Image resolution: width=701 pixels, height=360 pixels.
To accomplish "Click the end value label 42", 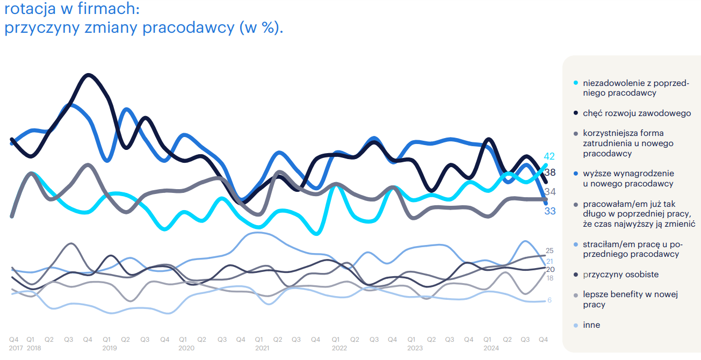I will click(x=549, y=156).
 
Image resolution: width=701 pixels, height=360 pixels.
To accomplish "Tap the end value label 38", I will click(x=550, y=172).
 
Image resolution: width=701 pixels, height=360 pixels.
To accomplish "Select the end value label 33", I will click(x=550, y=211).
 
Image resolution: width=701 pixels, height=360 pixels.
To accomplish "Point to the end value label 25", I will click(x=550, y=250).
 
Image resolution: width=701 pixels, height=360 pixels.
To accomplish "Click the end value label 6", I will click(x=550, y=300).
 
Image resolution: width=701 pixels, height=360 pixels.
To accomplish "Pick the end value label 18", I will click(x=550, y=278).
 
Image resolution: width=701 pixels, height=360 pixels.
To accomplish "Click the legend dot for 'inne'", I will click(x=576, y=325).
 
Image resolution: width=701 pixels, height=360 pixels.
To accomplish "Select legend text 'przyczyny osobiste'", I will click(x=620, y=275).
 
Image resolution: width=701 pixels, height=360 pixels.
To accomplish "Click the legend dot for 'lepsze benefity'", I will click(x=576, y=295).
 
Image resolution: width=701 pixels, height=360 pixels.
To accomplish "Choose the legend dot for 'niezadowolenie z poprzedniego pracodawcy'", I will click(x=576, y=83).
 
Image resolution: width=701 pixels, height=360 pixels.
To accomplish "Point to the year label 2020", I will click(x=186, y=348).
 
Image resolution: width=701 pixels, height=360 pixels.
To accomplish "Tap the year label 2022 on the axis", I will click(x=339, y=348).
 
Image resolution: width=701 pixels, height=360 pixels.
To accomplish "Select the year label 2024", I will click(x=491, y=348).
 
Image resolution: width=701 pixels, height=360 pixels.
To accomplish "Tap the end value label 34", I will click(x=550, y=192).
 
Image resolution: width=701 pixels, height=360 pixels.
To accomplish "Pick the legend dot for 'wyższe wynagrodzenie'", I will click(x=576, y=174).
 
